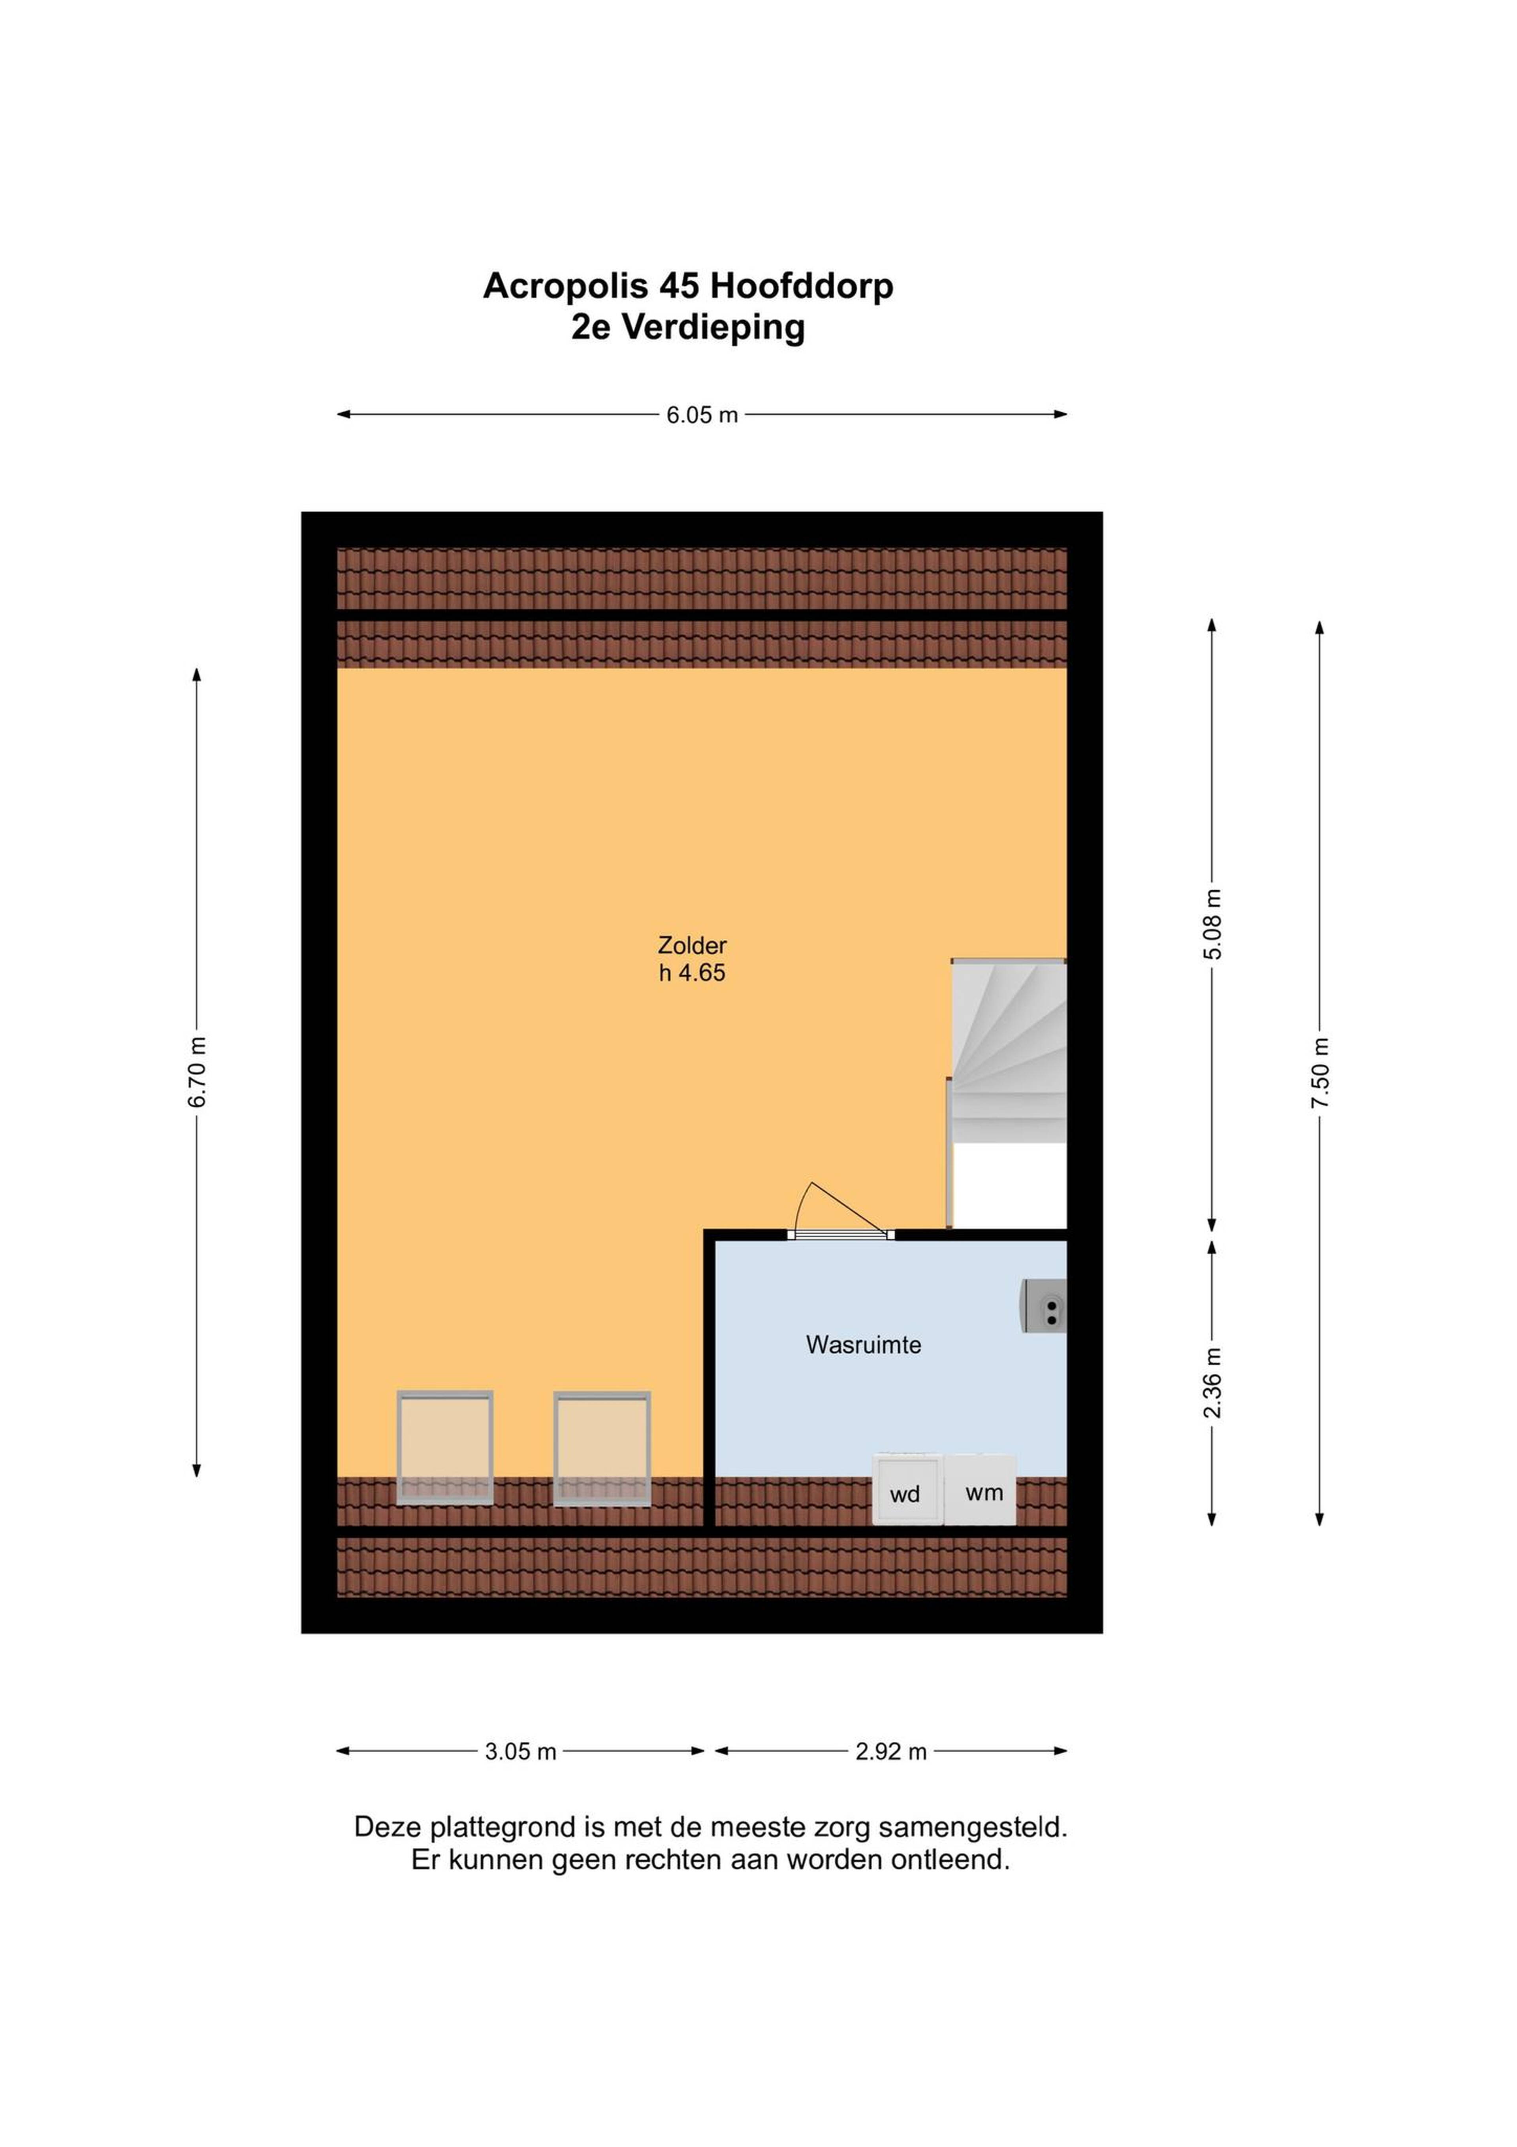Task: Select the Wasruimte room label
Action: click(x=864, y=1344)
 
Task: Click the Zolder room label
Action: click(x=692, y=945)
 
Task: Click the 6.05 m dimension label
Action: click(x=702, y=415)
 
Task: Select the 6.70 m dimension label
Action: click(x=197, y=1072)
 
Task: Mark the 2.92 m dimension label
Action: click(x=891, y=1751)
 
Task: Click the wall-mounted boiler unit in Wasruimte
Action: click(x=1044, y=1306)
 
